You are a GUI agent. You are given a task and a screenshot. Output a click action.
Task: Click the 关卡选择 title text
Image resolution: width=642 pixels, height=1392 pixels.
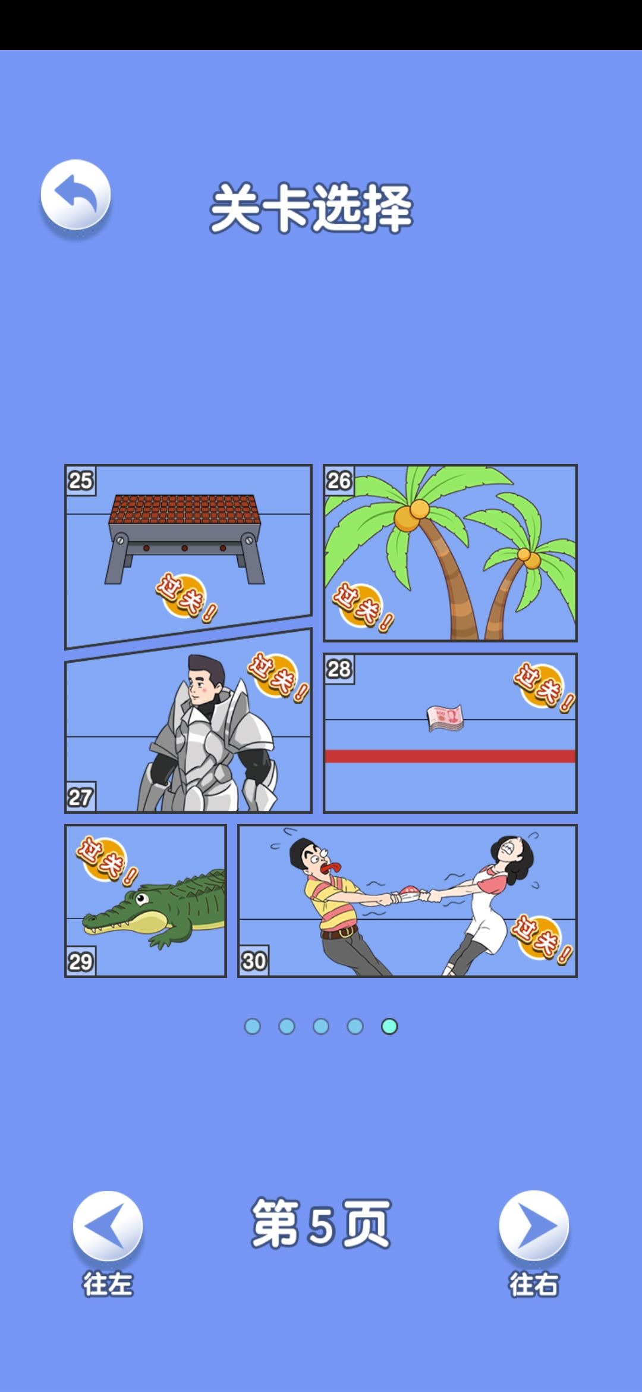[311, 208]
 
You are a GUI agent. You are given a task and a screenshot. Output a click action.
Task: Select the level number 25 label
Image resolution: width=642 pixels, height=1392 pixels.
[80, 480]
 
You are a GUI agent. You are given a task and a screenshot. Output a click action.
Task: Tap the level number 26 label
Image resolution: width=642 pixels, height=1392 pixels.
[339, 480]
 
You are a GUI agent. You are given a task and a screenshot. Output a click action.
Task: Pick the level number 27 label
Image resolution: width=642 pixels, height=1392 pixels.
[80, 797]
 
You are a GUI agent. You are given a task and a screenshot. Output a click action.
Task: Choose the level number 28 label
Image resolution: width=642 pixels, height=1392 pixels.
[339, 669]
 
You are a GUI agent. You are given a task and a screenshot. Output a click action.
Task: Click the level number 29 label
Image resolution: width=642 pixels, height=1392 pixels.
[80, 961]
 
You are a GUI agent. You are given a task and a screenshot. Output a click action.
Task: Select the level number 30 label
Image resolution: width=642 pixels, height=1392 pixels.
[254, 961]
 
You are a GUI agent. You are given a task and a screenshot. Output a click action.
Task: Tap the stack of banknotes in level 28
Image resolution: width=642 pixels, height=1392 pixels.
[445, 718]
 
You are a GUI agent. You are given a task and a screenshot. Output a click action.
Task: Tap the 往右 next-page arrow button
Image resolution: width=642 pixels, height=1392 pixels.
[534, 1225]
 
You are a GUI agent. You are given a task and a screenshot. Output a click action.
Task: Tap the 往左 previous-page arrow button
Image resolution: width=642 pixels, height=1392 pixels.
[108, 1225]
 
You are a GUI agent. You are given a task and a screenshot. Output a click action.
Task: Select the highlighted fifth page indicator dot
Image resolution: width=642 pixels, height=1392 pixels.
[389, 1026]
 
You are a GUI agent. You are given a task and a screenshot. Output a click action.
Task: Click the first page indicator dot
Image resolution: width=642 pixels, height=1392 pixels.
[253, 1026]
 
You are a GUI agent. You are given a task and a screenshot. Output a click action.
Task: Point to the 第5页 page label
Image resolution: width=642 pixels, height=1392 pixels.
[321, 1224]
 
